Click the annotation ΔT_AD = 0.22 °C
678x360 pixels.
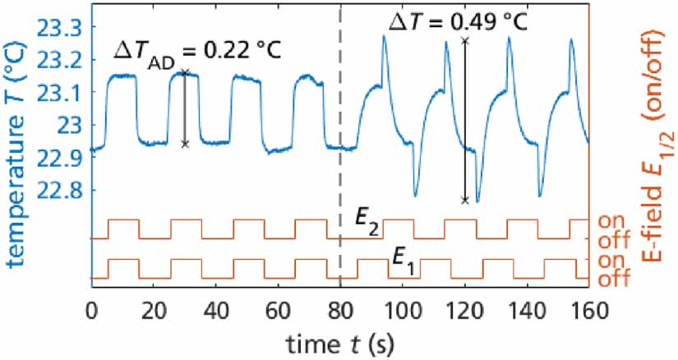[196, 51]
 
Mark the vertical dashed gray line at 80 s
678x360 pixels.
[340, 164]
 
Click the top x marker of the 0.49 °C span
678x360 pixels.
[465, 39]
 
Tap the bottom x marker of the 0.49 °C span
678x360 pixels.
[465, 201]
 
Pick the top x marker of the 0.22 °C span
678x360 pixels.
[185, 72]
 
